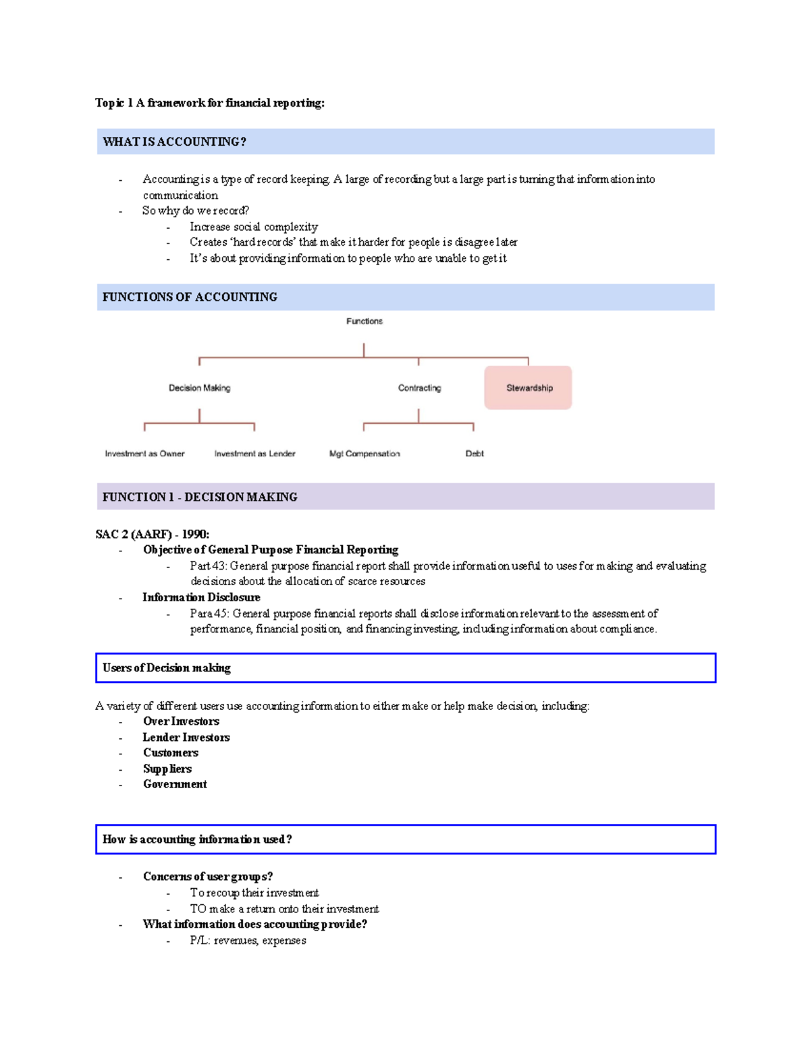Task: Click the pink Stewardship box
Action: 528,387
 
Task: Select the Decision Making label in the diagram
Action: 199,388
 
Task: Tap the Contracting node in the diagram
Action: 419,388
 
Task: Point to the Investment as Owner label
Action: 144,453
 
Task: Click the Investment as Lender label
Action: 254,453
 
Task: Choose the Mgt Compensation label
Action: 364,453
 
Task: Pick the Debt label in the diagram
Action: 475,453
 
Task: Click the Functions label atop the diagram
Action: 364,321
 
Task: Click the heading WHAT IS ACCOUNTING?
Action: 174,142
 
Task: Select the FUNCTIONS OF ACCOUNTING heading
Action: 190,297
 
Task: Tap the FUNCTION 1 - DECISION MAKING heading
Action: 200,497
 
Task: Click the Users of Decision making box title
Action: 167,667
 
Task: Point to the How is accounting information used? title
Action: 197,839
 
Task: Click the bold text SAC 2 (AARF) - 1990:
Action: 153,534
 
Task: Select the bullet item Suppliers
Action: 167,769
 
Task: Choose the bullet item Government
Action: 175,784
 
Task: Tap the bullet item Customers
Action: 171,752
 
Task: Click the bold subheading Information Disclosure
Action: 201,597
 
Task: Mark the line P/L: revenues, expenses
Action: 248,940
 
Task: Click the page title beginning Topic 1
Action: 210,103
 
